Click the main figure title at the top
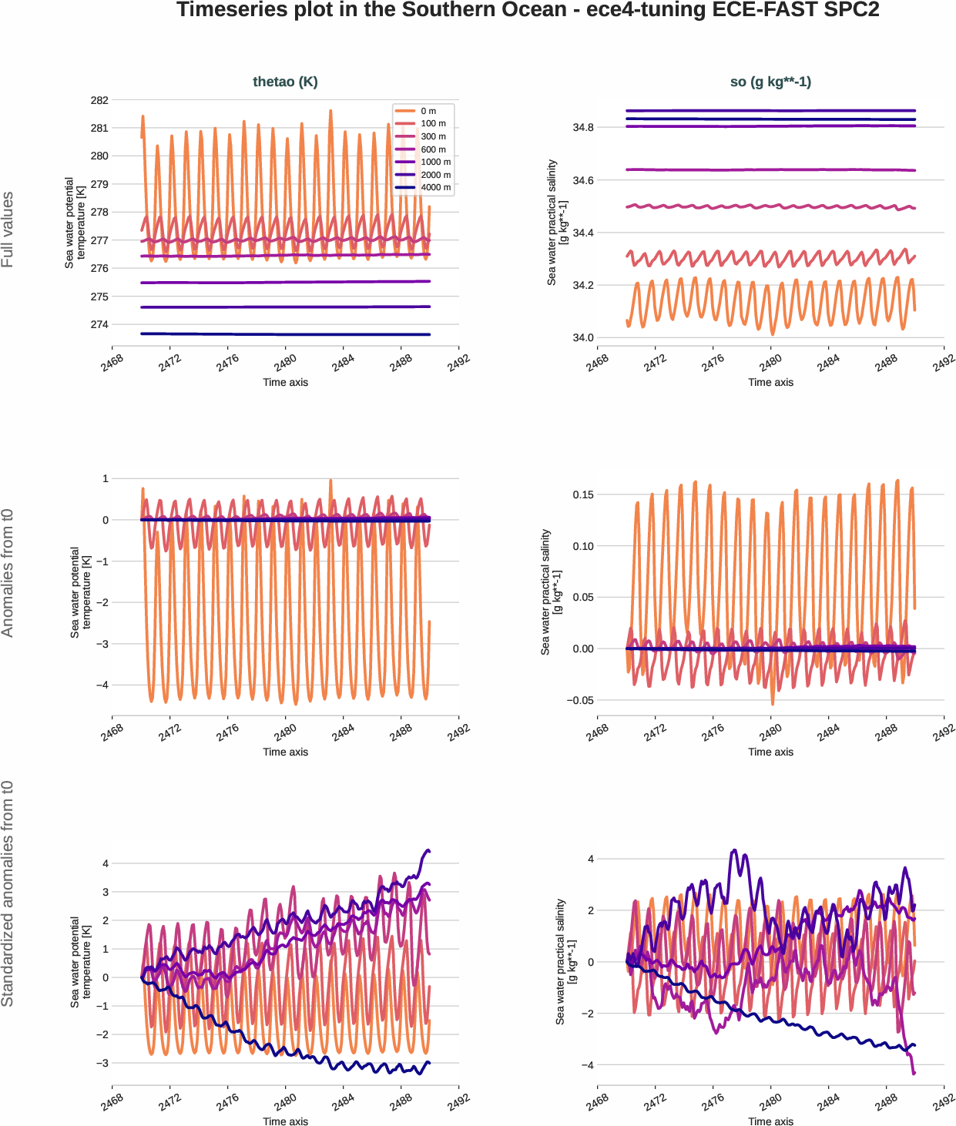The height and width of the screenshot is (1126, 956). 528,10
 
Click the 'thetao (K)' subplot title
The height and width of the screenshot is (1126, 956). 285,82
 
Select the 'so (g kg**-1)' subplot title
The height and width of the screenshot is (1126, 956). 770,82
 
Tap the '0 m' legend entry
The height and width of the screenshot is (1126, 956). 428,111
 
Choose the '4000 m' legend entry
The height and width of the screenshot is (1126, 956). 435,187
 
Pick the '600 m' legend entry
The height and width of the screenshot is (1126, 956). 433,149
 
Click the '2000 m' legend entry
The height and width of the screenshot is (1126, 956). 435,175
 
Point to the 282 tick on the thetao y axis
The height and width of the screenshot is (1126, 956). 99,100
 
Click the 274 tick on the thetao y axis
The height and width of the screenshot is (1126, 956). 99,324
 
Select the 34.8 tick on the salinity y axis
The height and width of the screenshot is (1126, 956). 583,127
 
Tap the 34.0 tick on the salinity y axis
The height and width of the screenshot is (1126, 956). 583,337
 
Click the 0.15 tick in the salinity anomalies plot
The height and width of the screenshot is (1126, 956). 583,494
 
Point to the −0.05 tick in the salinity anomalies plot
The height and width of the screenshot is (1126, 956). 580,700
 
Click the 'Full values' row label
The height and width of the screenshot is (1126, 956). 8,230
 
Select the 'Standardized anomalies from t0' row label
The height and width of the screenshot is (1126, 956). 8,893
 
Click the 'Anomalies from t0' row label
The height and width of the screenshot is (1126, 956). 8,572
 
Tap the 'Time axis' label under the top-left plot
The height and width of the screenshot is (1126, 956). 285,382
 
